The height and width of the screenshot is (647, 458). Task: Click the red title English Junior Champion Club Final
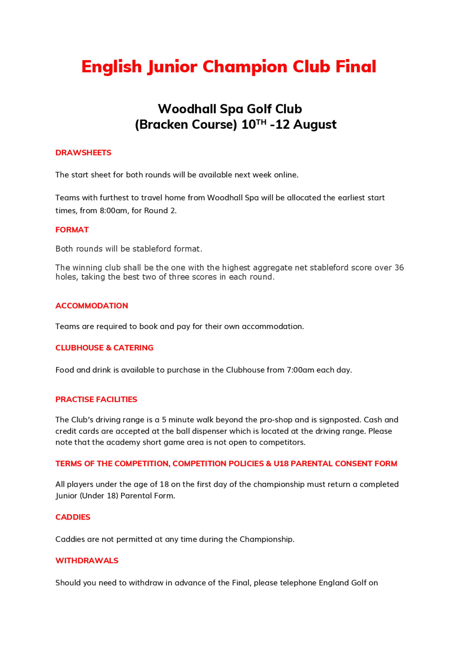[229, 67]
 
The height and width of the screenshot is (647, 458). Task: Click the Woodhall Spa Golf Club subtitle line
[230, 109]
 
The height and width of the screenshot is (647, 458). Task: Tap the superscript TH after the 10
[261, 122]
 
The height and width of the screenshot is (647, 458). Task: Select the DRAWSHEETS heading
[83, 153]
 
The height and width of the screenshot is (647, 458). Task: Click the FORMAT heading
[72, 230]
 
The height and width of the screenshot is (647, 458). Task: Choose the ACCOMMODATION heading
[92, 306]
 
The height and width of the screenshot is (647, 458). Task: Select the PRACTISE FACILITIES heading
[96, 400]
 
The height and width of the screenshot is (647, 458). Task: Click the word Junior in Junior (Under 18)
[66, 496]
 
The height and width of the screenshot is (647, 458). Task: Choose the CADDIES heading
[73, 517]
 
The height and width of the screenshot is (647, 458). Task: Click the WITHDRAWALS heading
[87, 561]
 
